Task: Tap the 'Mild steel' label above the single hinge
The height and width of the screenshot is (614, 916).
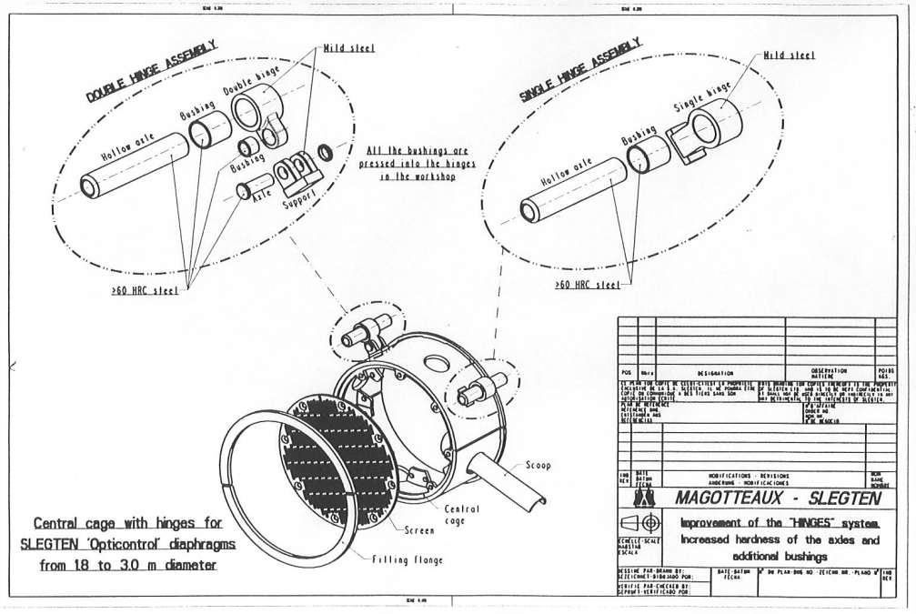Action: [789, 55]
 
